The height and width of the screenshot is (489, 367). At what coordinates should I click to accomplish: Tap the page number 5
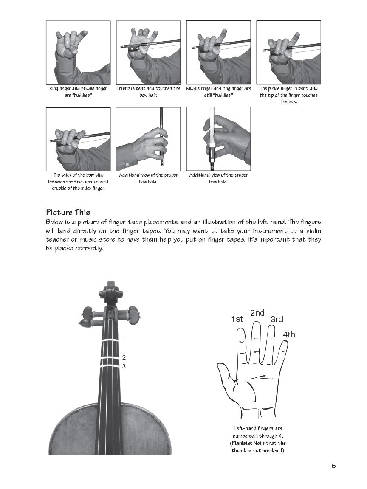pos(333,466)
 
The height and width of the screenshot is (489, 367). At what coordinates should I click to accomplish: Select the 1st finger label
pos(237,319)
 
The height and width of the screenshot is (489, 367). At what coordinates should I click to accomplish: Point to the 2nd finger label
pos(257,313)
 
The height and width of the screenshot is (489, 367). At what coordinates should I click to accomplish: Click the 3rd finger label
pos(277,319)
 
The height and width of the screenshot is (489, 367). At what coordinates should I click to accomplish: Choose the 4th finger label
pos(289,334)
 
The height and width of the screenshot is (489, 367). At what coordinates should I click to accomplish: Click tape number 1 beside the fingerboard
pos(124,341)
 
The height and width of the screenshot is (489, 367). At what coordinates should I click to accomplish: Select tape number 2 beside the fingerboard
pos(124,357)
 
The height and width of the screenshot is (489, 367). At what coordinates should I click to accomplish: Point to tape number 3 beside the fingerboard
pos(124,366)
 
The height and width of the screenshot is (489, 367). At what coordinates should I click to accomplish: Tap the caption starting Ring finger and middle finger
pos(78,92)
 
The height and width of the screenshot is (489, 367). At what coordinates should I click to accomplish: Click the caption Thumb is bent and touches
pos(148,92)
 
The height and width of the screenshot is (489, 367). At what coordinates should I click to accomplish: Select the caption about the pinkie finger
pos(288,95)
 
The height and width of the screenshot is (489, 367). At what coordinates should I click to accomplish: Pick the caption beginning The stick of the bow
pos(78,181)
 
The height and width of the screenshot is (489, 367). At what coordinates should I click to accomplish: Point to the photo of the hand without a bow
pos(78,53)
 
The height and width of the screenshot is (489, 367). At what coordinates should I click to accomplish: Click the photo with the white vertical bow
pos(218,139)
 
